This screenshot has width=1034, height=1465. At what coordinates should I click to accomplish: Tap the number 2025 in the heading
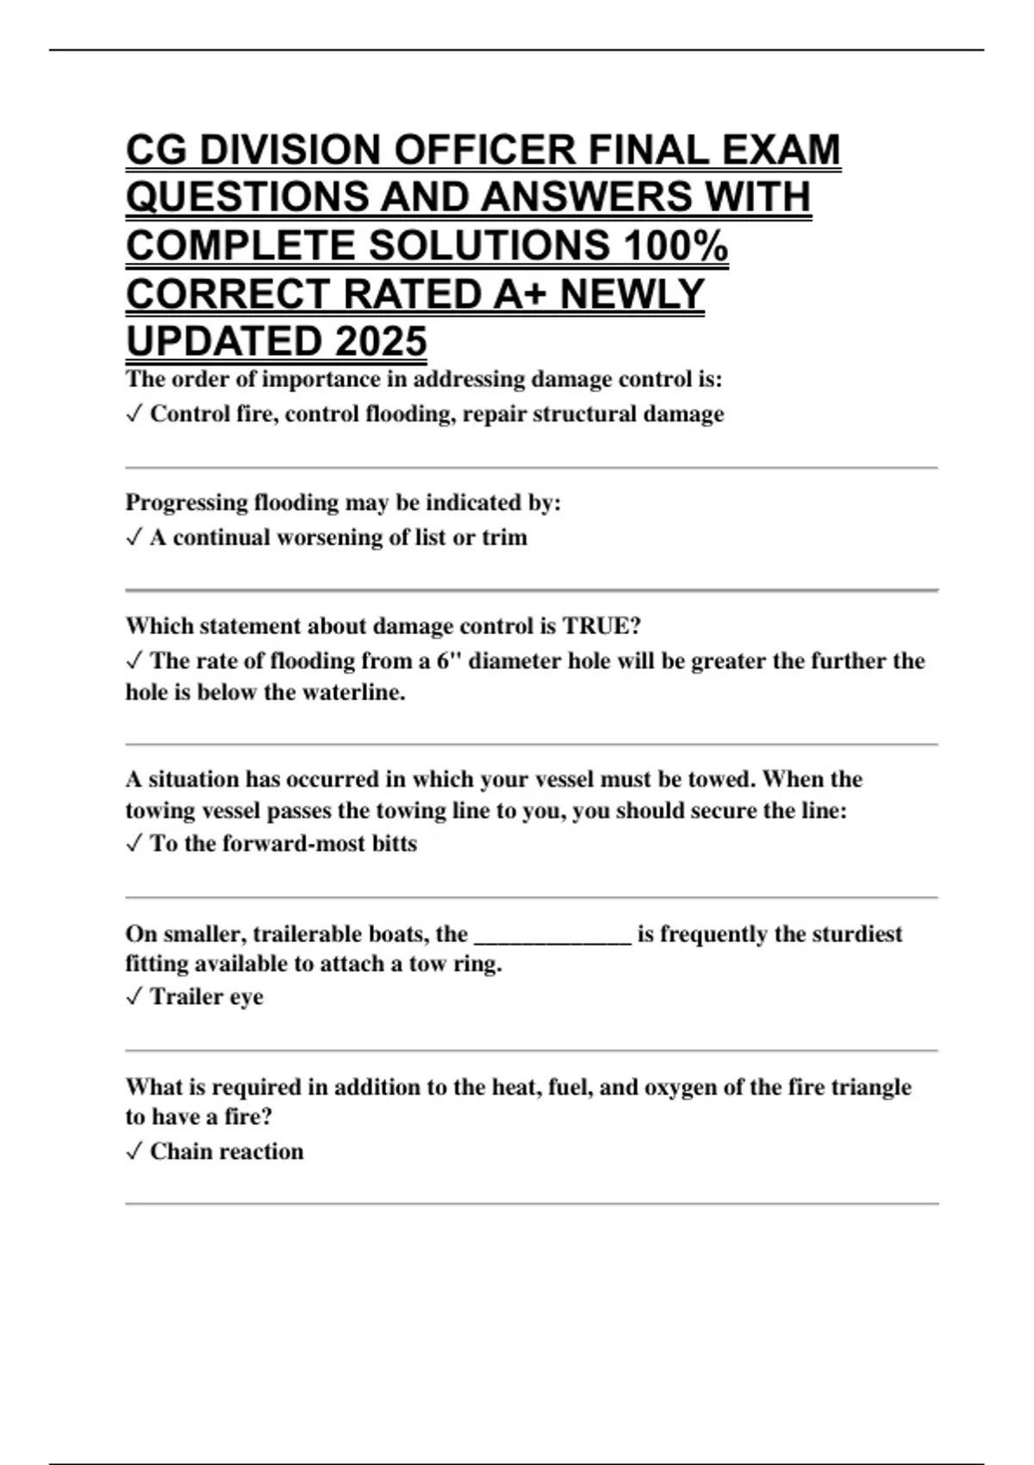381,341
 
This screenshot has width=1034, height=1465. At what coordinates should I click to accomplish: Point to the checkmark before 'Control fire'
134,415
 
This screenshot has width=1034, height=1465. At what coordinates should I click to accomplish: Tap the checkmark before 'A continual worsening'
134,538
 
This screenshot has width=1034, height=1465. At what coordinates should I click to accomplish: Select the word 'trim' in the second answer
504,538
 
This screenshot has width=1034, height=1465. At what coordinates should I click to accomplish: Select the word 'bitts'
394,844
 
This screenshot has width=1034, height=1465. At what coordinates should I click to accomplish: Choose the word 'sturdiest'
849,934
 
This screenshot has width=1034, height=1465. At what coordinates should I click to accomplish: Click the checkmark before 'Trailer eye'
134,997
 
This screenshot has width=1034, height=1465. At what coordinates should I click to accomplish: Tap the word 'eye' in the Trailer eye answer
246,997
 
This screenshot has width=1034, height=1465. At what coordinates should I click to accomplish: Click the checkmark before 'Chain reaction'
134,1152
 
